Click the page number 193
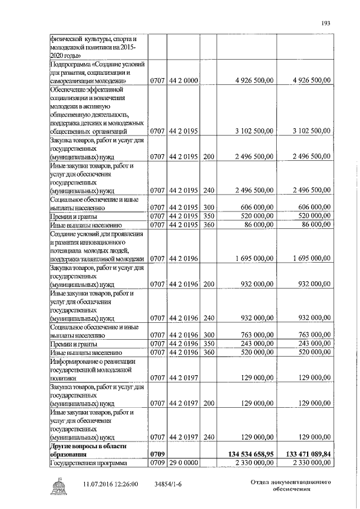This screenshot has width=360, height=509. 325,22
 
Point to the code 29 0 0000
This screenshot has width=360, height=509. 183,462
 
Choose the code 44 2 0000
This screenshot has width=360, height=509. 183,81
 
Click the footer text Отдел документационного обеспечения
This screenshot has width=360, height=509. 289,486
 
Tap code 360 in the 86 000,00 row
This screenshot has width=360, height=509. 209,224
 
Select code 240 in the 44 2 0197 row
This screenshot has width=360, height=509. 209,436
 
